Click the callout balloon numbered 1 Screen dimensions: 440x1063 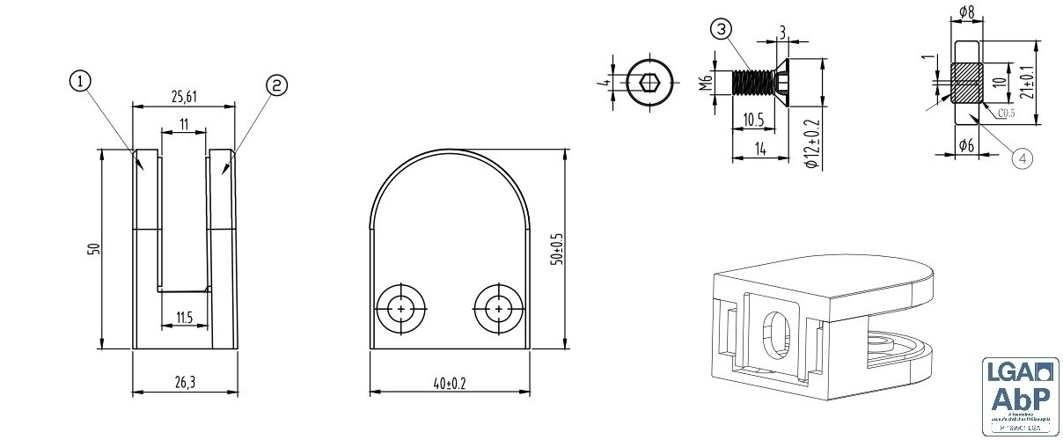click(80, 82)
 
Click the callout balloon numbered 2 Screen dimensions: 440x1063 click(276, 84)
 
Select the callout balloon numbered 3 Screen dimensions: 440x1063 click(721, 30)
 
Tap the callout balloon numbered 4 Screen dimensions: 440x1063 click(1021, 158)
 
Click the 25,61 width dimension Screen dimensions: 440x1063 click(183, 96)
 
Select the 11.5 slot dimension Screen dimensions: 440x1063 click(183, 318)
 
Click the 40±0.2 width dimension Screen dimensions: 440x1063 click(449, 383)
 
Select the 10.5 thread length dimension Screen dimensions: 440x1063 click(753, 119)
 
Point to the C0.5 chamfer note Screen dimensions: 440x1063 click(1007, 114)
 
